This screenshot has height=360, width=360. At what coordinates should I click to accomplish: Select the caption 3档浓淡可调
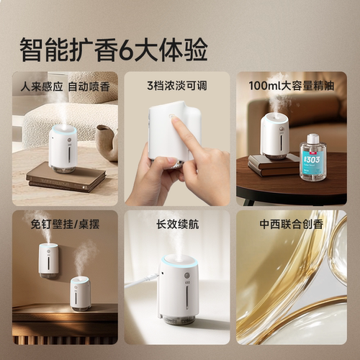click(x=177, y=86)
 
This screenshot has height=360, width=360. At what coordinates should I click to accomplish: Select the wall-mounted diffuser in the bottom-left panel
click(x=48, y=259)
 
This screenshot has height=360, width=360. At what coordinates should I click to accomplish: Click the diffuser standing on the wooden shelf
click(x=80, y=292)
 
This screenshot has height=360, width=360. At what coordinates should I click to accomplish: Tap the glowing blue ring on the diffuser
click(x=178, y=261)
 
